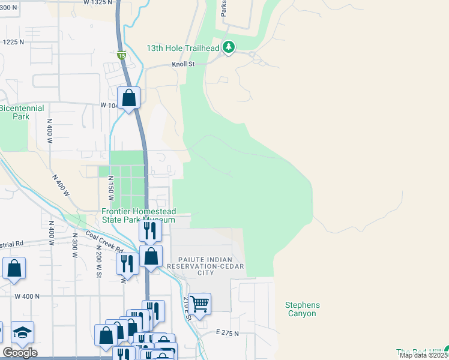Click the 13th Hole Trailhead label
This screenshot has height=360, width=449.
click(184, 48)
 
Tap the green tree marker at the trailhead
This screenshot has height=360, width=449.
click(229, 47)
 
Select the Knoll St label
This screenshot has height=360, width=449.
click(184, 64)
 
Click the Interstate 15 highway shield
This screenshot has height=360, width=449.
click(122, 56)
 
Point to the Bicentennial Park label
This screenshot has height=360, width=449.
click(22, 112)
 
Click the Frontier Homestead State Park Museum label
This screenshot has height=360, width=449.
click(138, 215)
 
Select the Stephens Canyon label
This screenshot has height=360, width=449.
click(302, 309)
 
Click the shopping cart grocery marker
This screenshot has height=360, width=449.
click(199, 304)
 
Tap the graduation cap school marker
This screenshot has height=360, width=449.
click(22, 332)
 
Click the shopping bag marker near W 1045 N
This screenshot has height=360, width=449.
click(128, 97)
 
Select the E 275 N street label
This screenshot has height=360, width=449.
click(227, 332)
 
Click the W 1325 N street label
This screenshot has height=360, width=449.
click(98, 3)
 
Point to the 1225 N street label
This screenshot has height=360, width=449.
click(13, 42)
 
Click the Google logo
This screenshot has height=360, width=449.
click(20, 353)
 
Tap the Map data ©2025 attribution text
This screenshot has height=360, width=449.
click(424, 355)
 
